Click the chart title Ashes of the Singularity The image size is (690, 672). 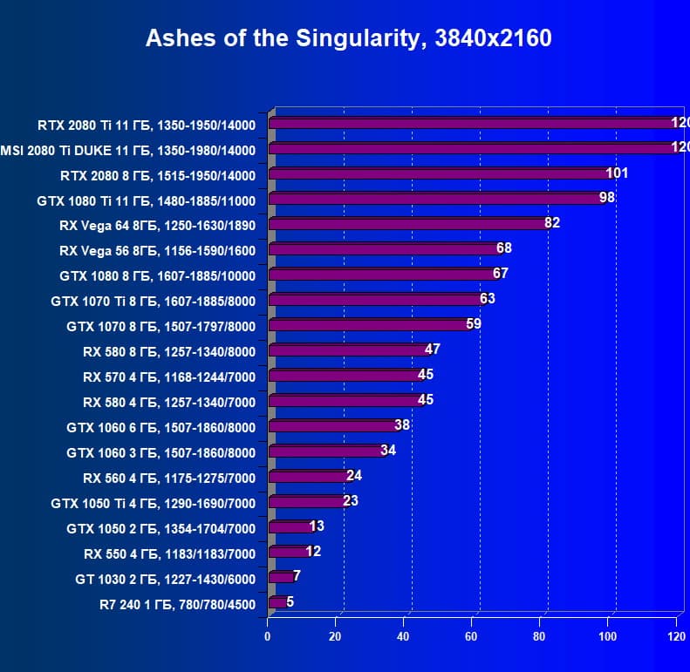(x=347, y=39)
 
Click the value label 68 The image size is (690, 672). (x=503, y=248)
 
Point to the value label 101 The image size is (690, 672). (x=617, y=173)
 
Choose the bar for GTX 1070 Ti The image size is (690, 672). (x=375, y=301)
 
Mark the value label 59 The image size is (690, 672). (x=474, y=324)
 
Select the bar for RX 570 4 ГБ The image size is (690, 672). (x=345, y=377)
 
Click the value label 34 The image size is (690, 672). (x=388, y=451)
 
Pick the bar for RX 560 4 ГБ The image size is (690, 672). (x=309, y=478)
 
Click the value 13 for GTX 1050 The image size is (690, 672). (x=317, y=526)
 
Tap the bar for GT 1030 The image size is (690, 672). (x=281, y=577)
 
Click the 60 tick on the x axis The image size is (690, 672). (x=472, y=636)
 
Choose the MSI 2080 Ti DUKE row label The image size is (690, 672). (x=128, y=150)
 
